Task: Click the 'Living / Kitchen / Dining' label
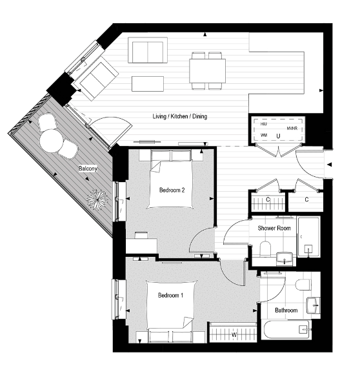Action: click(x=179, y=117)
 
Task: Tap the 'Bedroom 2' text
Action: click(x=172, y=190)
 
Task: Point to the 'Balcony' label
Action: click(x=88, y=169)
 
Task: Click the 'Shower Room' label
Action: click(x=274, y=229)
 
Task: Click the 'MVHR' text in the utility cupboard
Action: click(x=291, y=128)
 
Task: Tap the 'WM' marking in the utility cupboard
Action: click(x=264, y=136)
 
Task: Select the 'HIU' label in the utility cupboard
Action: click(x=264, y=123)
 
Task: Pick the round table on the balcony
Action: click(x=51, y=138)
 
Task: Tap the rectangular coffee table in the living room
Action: click(x=148, y=84)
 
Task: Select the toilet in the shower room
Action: click(x=265, y=248)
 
